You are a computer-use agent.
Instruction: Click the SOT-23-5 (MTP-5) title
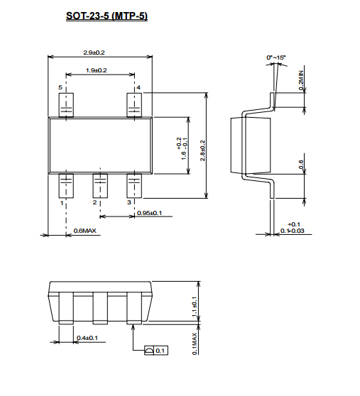coord(107,16)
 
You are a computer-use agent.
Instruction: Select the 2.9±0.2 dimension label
coord(94,53)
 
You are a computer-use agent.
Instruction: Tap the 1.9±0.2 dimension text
coord(97,70)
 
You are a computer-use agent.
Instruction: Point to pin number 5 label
coord(60,87)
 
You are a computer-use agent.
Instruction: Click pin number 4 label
coord(138,87)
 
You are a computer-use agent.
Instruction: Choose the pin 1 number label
coord(62,203)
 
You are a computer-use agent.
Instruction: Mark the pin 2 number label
coord(94,202)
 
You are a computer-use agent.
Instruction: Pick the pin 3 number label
coord(129,202)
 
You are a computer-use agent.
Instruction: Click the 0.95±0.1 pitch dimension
coord(149,213)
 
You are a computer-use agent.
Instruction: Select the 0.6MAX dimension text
coord(85,231)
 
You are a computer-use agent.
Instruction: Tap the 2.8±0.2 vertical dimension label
coord(202,150)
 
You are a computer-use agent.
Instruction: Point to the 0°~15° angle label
coord(276,57)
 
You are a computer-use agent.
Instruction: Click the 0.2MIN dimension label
coord(301,80)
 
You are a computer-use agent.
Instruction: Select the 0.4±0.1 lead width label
coord(87,338)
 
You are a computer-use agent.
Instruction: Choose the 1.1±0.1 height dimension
coord(195,307)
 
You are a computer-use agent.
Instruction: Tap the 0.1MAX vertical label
coord(195,343)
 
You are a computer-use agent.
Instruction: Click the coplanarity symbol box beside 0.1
coord(149,351)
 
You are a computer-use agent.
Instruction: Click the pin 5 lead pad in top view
coord(66,105)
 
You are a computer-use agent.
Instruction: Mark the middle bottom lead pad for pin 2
coord(100,186)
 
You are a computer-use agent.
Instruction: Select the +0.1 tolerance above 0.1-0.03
coord(294,224)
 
